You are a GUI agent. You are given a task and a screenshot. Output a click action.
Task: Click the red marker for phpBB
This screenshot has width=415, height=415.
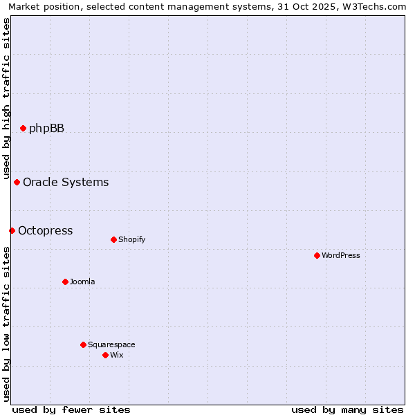coord(23,128)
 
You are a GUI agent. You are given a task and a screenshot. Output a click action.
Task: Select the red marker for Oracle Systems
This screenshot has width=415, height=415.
coord(17,182)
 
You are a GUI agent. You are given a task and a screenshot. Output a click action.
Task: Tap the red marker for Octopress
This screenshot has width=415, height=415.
coord(12,230)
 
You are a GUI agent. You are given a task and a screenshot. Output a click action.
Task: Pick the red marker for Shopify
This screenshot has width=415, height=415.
coord(113,239)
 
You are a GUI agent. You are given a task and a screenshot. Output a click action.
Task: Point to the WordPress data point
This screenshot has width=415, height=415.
coord(317,255)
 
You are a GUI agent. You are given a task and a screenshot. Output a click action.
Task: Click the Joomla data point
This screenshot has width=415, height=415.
coord(65,282)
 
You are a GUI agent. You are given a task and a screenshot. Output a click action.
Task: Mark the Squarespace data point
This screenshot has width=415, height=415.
coord(83,344)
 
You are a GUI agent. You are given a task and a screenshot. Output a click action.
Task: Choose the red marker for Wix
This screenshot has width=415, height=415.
coord(105,355)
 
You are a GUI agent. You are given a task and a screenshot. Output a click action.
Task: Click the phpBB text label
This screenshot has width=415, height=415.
coord(46,128)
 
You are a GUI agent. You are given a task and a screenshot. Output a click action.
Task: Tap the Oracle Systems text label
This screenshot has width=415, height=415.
coord(66,182)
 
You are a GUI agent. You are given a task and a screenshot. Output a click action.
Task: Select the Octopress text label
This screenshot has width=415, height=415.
coord(45,230)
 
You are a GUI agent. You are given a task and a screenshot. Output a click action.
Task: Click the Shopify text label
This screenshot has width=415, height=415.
coord(131,240)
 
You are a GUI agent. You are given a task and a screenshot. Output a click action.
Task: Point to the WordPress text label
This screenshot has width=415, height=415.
coord(341,255)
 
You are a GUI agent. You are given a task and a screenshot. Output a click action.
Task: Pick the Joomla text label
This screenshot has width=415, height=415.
coord(82,282)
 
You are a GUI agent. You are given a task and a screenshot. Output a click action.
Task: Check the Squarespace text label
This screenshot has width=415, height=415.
coord(111,344)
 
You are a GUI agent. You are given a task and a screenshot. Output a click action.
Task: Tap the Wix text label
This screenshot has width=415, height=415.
coord(116,355)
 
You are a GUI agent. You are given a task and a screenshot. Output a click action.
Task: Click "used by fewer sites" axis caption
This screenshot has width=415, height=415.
coord(71,409)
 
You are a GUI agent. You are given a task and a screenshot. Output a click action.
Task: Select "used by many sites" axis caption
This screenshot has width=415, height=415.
coord(347,409)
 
